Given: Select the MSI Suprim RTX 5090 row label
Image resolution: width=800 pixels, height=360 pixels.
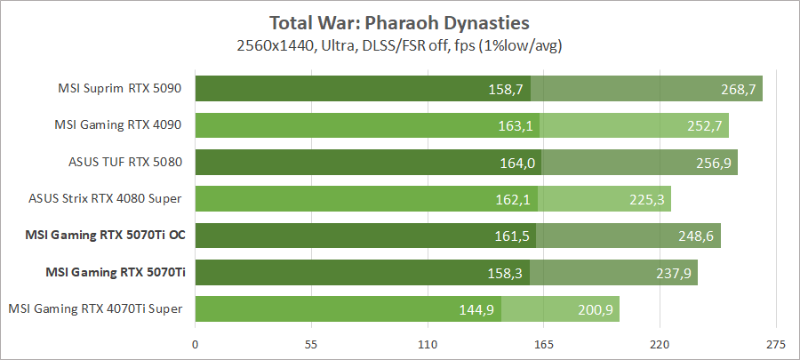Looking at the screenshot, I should click(120, 88).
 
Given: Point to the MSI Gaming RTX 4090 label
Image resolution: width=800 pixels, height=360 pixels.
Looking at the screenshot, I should click(120, 125).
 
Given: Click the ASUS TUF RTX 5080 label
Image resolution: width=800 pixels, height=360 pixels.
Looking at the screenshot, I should click(125, 163).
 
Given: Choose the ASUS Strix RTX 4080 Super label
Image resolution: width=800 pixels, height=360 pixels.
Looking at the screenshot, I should click(111, 198).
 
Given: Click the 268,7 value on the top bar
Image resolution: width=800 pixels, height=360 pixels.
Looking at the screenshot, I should click(738, 89).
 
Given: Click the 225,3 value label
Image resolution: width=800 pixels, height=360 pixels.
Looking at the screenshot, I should click(646, 199).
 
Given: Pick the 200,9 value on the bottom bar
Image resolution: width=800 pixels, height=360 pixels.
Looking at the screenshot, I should click(595, 309).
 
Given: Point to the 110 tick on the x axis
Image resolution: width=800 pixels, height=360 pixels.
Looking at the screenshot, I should click(428, 343).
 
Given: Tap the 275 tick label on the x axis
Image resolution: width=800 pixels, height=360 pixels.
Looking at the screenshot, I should click(775, 343).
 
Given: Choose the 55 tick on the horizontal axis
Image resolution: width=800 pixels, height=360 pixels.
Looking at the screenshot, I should click(311, 343).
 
